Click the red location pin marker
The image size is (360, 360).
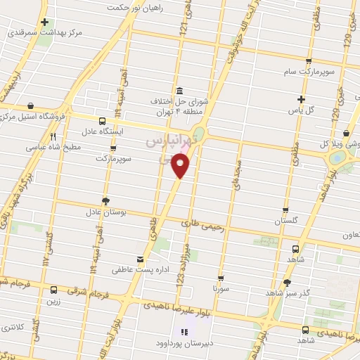tap(181, 166)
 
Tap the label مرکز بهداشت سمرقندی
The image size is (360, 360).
tap(52, 33)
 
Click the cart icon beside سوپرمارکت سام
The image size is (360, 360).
tap(309, 60)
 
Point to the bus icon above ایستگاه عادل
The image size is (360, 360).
tap(103, 120)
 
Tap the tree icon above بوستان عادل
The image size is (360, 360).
tap(105, 200)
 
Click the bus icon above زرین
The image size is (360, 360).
tap(53, 290)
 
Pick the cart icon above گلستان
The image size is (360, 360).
tap(285, 210)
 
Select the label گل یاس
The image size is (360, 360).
tap(301, 110)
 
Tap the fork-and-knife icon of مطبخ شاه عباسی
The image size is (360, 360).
tap(53, 136)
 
